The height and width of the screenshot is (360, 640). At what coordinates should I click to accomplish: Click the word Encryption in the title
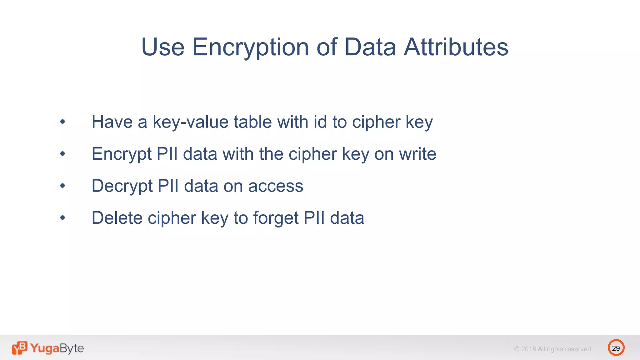(250, 47)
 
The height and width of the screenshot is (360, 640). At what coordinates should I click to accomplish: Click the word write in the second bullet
(417, 154)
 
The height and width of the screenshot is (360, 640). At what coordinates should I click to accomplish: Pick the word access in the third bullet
(276, 187)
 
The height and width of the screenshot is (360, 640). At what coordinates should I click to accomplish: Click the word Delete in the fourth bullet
(117, 218)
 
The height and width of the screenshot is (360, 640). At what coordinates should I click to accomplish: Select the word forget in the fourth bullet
(276, 218)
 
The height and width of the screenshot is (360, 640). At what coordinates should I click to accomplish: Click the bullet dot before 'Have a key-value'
(63, 122)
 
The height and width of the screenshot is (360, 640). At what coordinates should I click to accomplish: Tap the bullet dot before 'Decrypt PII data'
(63, 186)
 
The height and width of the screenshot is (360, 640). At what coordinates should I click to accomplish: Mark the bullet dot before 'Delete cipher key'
(63, 218)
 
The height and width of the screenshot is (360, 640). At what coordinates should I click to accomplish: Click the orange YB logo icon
(19, 348)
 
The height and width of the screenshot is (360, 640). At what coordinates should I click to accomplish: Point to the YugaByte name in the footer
(57, 348)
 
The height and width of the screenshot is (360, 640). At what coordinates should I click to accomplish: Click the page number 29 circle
(616, 348)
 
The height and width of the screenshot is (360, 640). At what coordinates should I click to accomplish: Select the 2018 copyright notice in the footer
(553, 349)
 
